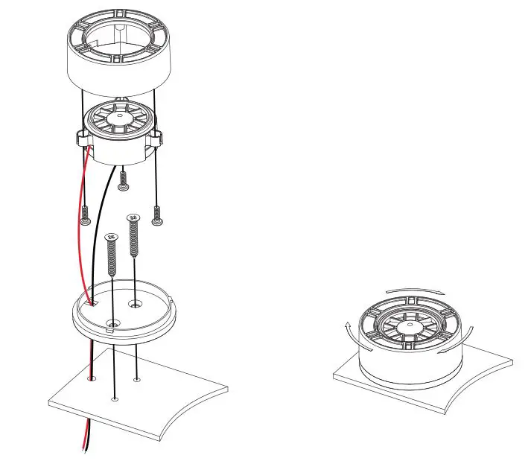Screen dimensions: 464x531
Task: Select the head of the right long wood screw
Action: coord(134,217)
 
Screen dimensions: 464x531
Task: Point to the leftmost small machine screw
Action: coord(87,217)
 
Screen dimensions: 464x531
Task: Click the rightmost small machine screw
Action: coord(157,218)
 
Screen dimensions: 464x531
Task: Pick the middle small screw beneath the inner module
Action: coord(124,179)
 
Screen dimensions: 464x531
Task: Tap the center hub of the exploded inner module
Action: coord(119,118)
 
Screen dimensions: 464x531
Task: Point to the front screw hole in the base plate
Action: coord(113,323)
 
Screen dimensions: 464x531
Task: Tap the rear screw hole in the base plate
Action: coord(135,303)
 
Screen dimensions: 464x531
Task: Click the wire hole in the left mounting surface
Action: coord(91,379)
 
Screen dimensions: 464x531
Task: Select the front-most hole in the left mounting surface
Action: coord(113,399)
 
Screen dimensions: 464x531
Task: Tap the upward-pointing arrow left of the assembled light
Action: coord(348,328)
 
